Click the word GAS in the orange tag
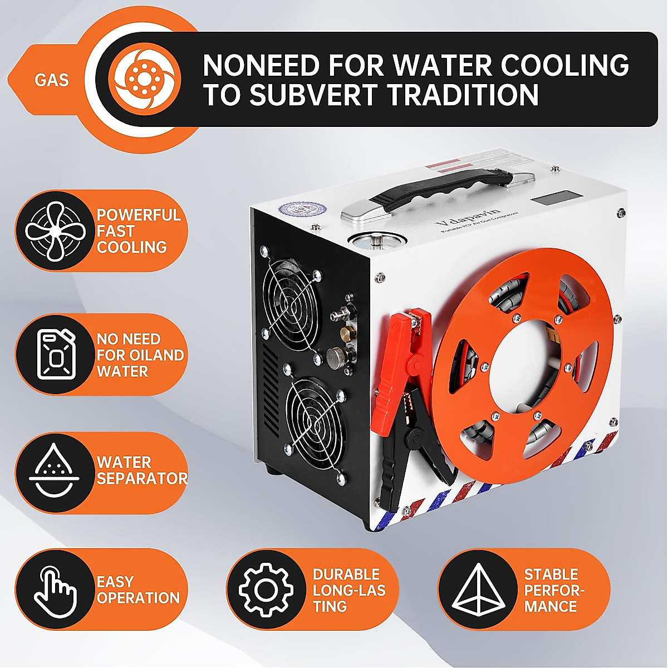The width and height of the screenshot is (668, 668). pos(51,80)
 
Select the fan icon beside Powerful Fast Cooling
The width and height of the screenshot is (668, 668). pos(54,231)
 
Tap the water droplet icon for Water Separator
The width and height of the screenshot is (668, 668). pos(54,472)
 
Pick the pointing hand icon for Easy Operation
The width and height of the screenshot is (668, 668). pos(54,590)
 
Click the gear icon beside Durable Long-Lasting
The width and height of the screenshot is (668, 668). pos(266,590)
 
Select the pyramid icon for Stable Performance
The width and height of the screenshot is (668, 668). pos(477,590)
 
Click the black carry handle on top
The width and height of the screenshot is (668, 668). pos(440,189)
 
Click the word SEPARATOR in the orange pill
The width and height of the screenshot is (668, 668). pos(141,478)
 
